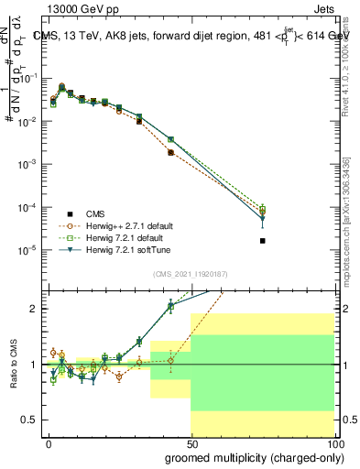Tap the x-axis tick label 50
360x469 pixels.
(x=191, y=442)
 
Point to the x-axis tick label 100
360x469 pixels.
(x=334, y=442)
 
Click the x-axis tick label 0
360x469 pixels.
(x=49, y=442)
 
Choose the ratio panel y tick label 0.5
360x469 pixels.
(x=30, y=420)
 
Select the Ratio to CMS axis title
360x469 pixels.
(x=12, y=364)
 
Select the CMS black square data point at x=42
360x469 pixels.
(x=171, y=152)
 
